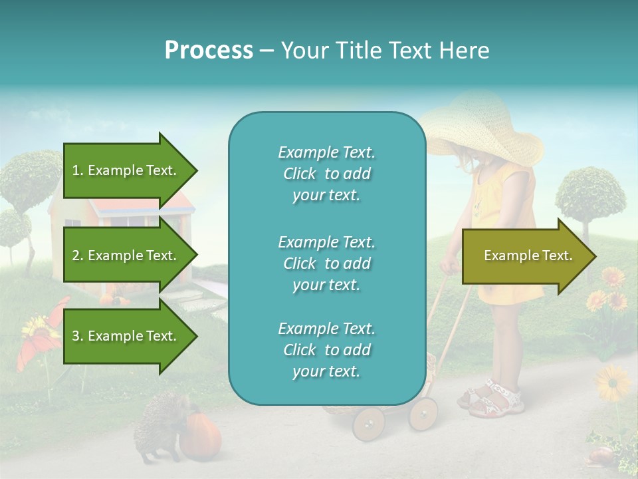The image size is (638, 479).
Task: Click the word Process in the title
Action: click(x=209, y=51)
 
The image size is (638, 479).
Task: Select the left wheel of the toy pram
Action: click(x=369, y=423)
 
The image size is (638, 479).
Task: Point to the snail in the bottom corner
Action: click(x=600, y=455)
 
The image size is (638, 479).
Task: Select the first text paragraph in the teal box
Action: click(x=326, y=174)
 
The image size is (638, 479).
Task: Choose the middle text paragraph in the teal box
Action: click(x=326, y=263)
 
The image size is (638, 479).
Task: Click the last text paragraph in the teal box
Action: click(x=326, y=350)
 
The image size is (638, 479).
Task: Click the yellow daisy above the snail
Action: click(x=612, y=383)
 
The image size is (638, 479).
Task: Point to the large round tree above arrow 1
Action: click(x=33, y=176)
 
